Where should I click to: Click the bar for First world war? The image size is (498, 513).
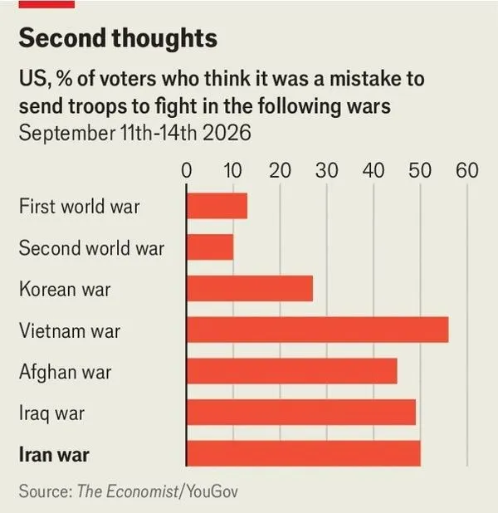click(x=217, y=206)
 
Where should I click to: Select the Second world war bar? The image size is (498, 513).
click(x=210, y=247)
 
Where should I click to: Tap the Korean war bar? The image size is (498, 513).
click(x=250, y=288)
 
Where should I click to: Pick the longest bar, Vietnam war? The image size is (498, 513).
click(x=318, y=330)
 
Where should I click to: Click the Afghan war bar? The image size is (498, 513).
click(x=292, y=371)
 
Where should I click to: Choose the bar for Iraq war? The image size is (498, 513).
click(x=301, y=413)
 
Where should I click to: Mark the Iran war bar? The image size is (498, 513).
click(x=304, y=453)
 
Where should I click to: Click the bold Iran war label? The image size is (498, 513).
click(x=54, y=455)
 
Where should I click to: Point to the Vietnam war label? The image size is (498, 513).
click(x=70, y=330)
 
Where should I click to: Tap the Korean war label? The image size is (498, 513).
click(x=65, y=289)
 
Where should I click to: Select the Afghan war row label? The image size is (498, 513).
click(x=65, y=373)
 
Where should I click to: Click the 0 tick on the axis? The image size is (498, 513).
click(x=187, y=170)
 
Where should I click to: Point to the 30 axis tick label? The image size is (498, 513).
click(x=327, y=170)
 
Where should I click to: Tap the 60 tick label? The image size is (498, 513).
click(x=467, y=170)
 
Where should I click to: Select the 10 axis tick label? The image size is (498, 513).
click(x=232, y=170)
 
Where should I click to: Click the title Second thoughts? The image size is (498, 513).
click(x=118, y=38)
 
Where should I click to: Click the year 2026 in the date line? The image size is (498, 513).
click(x=227, y=133)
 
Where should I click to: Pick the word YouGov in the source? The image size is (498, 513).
click(x=212, y=491)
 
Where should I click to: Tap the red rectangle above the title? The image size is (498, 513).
click(x=46, y=4)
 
